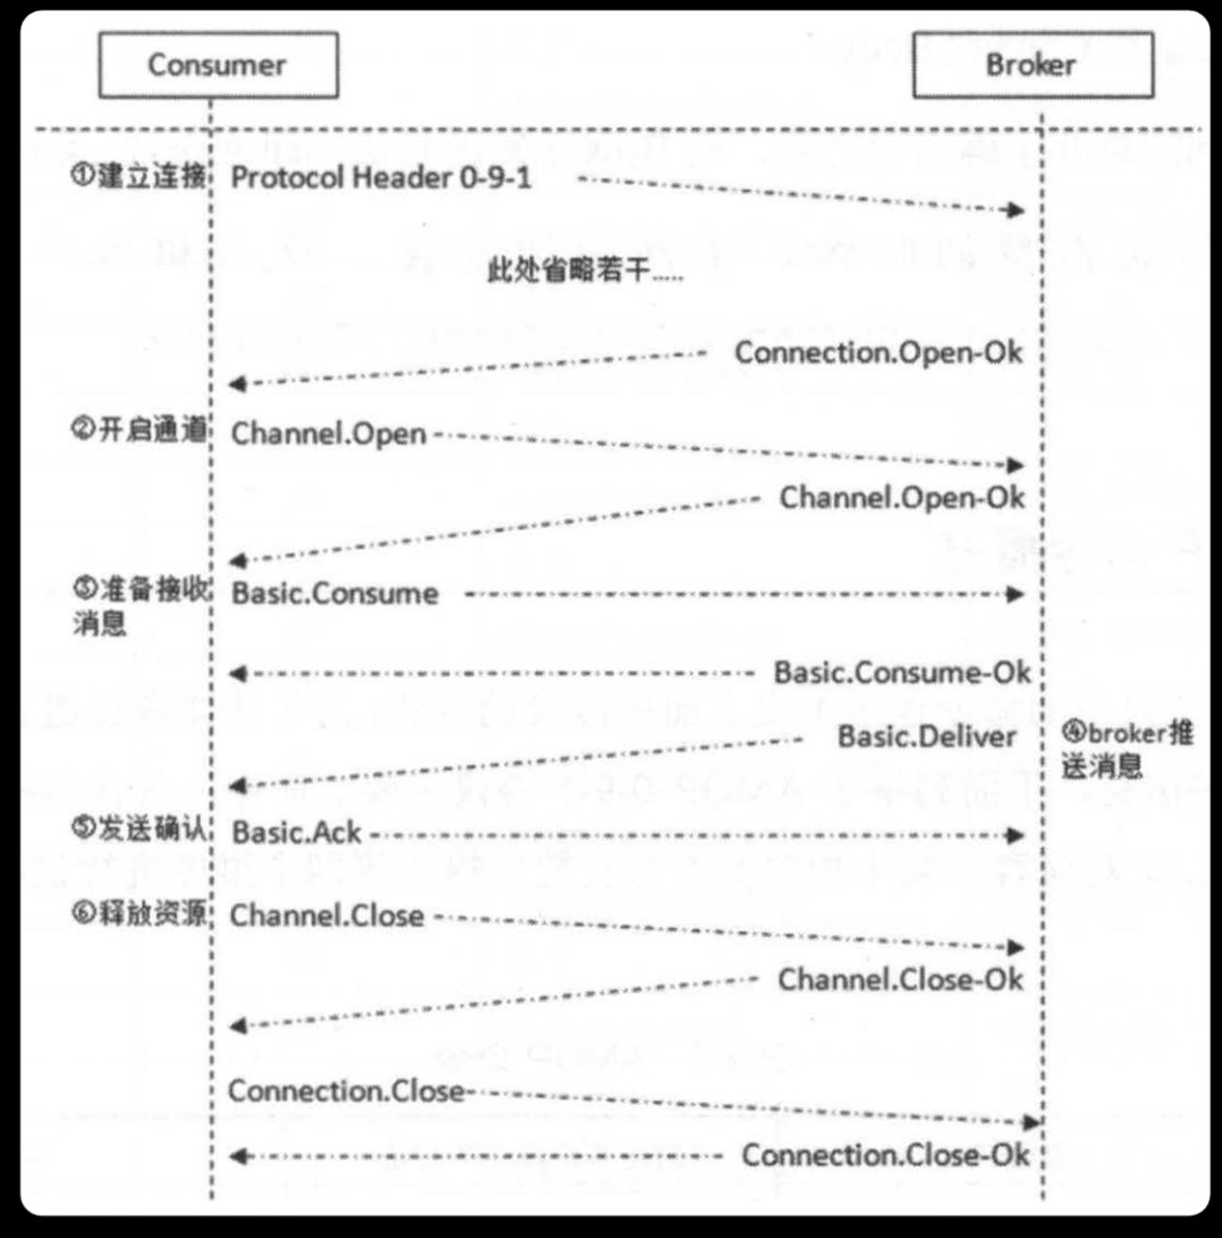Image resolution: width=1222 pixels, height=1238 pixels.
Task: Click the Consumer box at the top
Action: click(219, 65)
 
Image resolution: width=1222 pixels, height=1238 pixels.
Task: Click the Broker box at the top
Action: click(1033, 65)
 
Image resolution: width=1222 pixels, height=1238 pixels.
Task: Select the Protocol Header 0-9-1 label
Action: click(381, 178)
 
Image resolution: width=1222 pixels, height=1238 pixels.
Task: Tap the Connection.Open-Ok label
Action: click(878, 353)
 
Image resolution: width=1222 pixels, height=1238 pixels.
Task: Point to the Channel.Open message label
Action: click(328, 434)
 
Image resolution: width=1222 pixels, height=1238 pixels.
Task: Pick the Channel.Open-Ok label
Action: click(901, 498)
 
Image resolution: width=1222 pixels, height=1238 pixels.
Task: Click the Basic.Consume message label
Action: click(335, 594)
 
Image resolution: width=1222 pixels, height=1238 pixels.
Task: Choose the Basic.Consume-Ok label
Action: click(902, 672)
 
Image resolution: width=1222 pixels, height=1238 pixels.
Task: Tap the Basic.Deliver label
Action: click(927, 736)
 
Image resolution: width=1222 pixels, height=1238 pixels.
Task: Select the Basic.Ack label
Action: click(296, 833)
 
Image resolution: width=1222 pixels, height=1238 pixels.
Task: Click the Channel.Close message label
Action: click(327, 916)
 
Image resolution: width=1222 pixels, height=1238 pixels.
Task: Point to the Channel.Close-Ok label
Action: click(900, 980)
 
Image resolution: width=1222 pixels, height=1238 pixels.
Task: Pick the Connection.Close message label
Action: click(346, 1091)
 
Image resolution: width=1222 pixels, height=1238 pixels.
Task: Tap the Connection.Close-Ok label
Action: click(886, 1154)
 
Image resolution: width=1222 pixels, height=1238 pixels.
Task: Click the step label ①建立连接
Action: click(139, 175)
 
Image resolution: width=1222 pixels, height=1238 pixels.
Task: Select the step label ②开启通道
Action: click(139, 429)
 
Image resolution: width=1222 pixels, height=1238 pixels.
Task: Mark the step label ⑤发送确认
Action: click(139, 829)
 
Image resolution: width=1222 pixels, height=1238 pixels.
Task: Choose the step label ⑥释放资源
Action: click(139, 913)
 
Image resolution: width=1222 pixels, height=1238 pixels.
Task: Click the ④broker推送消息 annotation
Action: click(1127, 750)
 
